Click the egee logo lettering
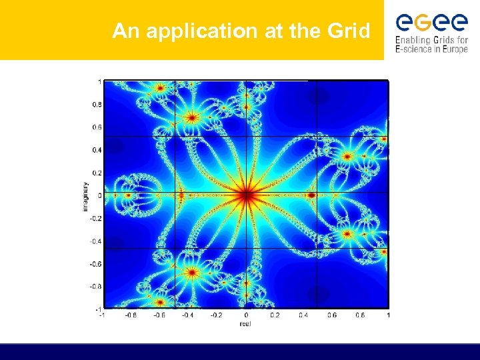click(431, 23)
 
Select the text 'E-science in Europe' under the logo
click(431, 49)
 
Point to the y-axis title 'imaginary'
click(85, 196)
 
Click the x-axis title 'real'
click(246, 323)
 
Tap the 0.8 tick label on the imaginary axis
click(97, 105)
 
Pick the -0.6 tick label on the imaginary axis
click(97, 264)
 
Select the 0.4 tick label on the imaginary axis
click(97, 150)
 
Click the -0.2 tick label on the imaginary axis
click(97, 219)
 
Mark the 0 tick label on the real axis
click(246, 315)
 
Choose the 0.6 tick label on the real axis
click(331, 315)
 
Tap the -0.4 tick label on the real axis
click(188, 315)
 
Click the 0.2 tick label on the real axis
click(274, 315)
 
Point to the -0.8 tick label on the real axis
click(131, 315)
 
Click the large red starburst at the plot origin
click(246, 195)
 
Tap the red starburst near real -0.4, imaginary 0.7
click(192, 118)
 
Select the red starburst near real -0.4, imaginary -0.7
click(192, 272)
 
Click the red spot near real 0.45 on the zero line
click(311, 195)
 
